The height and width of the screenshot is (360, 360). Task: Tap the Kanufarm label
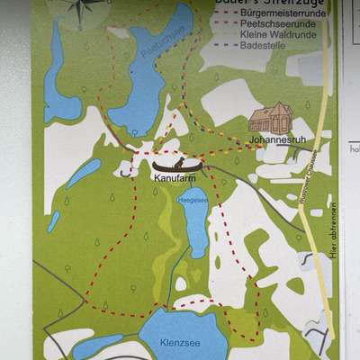coord(172,178)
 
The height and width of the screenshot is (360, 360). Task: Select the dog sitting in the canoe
coord(180,161)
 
